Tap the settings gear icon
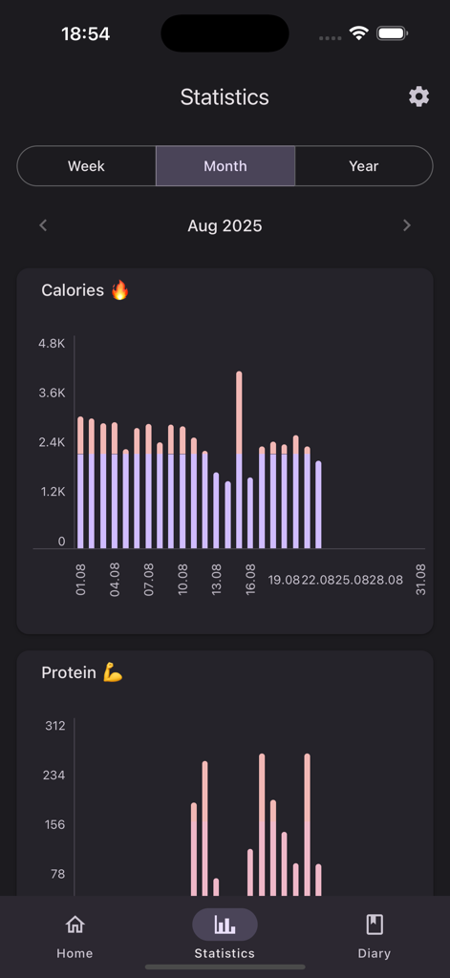pos(418,96)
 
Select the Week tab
pos(86,166)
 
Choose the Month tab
pos(225,166)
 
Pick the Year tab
pos(364,166)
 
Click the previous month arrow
pos(43,225)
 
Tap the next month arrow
pos(407,225)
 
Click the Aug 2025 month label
pos(225,226)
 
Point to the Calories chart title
pos(73,290)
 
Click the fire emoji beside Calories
pos(119,290)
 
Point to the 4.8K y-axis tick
pos(52,343)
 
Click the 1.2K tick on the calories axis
pos(52,492)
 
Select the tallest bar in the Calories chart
pos(239,458)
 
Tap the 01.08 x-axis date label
pos(81,580)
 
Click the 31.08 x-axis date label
pos(420,580)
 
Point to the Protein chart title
pos(69,673)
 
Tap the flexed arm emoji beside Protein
pos(113,673)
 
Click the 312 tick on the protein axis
pos(55,726)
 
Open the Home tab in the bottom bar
pos(75,936)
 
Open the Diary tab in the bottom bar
pos(375,936)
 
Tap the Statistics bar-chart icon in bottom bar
pos(225,925)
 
